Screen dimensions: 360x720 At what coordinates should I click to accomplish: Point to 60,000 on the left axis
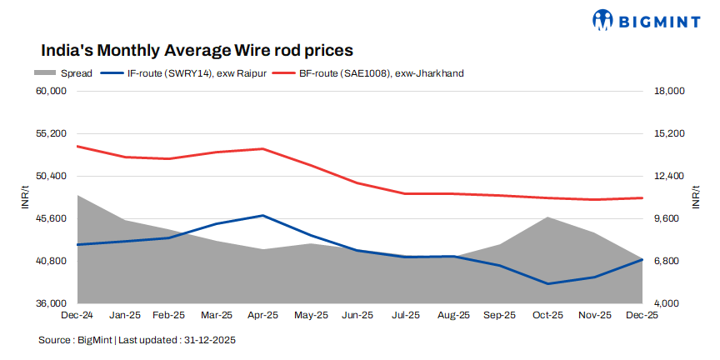52,91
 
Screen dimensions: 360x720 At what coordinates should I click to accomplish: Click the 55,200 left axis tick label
52,133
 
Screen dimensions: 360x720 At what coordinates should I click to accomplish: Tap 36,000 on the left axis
52,303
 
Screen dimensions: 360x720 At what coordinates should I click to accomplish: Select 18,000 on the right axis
669,91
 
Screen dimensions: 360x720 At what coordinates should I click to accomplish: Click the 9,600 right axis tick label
667,218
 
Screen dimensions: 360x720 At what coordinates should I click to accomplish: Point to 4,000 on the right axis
667,303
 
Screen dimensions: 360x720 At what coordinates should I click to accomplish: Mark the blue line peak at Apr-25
263,216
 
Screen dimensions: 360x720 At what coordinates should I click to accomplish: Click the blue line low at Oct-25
547,283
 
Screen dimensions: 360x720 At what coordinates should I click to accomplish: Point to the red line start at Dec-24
77,146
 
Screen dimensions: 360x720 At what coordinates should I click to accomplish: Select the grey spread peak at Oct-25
547,217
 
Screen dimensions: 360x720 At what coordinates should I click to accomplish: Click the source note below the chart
138,340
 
